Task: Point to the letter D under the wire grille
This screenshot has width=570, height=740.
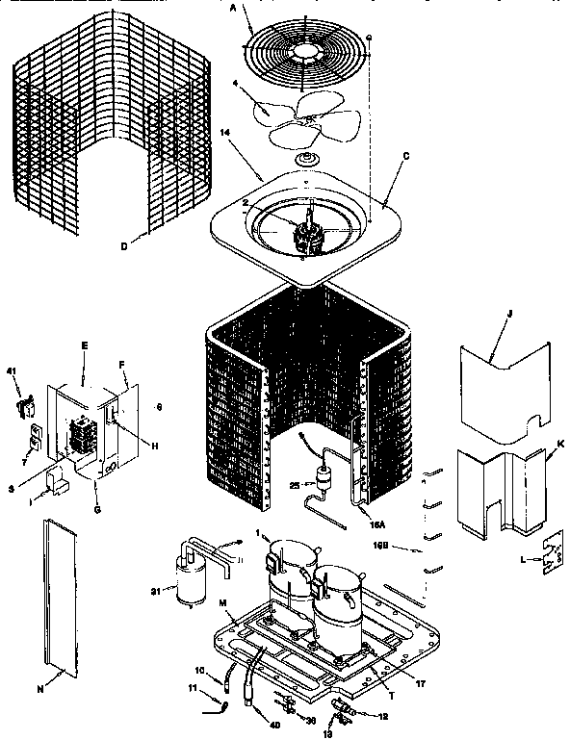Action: point(124,246)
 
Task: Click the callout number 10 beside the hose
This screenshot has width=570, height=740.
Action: point(200,670)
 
